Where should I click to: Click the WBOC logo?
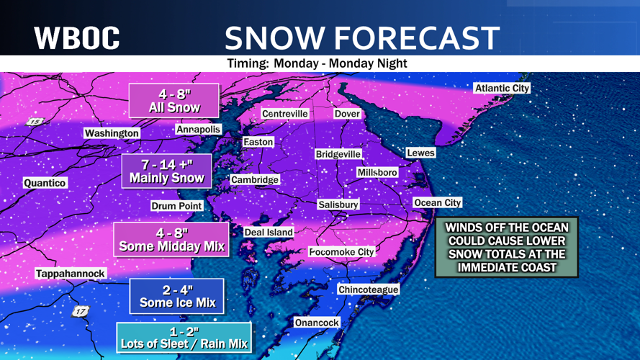click(77, 37)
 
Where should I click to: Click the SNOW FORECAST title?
click(361, 37)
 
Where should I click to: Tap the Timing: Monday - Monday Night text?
click(317, 63)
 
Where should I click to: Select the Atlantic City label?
click(502, 88)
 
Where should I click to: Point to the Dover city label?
click(347, 114)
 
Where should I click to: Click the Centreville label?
click(284, 114)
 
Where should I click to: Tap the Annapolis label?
click(198, 130)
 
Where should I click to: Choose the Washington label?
click(112, 133)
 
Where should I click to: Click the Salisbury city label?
click(338, 204)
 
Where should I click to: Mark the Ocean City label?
click(437, 203)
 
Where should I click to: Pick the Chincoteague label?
click(368, 289)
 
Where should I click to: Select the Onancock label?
click(317, 323)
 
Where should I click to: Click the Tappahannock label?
click(71, 274)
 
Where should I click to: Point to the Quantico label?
click(45, 183)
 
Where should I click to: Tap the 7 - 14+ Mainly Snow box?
click(166, 171)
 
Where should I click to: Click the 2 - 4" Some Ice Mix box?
click(177, 296)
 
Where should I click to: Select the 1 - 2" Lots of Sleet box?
click(184, 337)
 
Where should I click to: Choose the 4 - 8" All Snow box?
click(173, 101)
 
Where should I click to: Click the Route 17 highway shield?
click(80, 312)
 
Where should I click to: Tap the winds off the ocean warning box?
click(507, 248)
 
